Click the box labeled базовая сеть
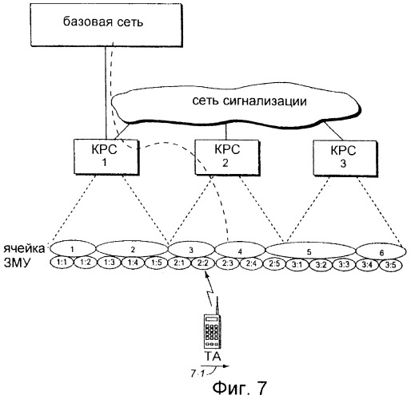[x=106, y=26]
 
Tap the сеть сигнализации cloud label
[x=249, y=101]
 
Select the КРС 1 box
[x=106, y=157]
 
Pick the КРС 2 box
[x=227, y=157]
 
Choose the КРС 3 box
[x=345, y=158]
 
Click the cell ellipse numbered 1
[x=73, y=249]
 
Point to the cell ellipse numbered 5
[x=310, y=251]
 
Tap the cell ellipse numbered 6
[x=381, y=251]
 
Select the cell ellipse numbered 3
[x=191, y=250]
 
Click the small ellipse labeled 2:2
[x=203, y=263]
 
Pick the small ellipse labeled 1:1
[x=62, y=263]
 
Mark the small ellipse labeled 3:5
[x=391, y=265]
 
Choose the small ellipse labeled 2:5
[x=274, y=263]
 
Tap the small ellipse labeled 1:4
[x=133, y=263]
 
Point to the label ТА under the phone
[x=213, y=356]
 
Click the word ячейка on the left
[x=24, y=249]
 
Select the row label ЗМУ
[x=18, y=263]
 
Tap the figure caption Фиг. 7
[x=239, y=388]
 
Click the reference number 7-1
[x=198, y=373]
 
